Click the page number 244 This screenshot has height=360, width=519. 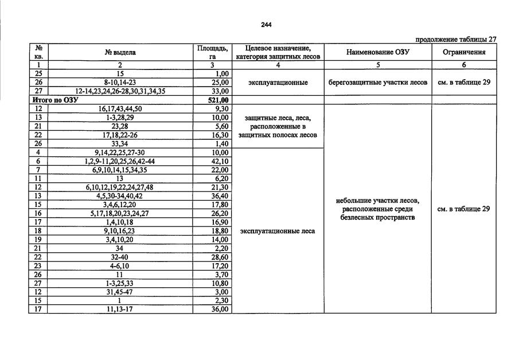[266, 25]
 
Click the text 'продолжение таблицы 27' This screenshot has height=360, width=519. [455, 40]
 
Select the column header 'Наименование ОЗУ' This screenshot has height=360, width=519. [377, 52]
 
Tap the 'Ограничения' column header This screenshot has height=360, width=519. [463, 52]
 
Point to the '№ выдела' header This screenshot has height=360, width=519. [120, 52]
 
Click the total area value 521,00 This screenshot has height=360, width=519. [218, 100]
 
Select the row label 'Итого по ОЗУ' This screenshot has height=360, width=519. [55, 100]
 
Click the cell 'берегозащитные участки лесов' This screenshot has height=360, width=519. [377, 83]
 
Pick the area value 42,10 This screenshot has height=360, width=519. [220, 161]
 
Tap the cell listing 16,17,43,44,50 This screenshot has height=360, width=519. [120, 108]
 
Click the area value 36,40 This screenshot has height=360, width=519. [220, 196]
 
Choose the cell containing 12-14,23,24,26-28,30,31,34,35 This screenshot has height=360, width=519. [120, 91]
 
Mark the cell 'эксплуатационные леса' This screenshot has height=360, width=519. [278, 231]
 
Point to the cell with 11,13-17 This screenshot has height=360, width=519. [120, 310]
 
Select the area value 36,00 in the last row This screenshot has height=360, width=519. [220, 310]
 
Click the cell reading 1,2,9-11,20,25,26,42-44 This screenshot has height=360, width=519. [120, 161]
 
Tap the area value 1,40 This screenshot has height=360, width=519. [221, 144]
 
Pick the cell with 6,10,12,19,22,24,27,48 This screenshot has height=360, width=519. [120, 187]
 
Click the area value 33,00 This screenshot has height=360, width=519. [220, 91]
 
